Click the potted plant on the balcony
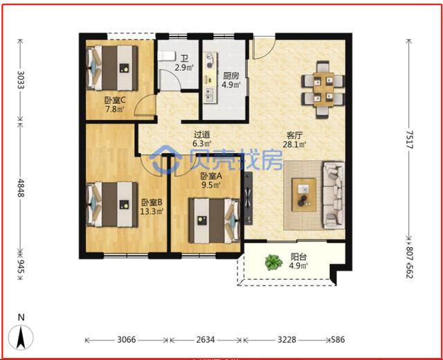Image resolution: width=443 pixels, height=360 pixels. pos(273,262)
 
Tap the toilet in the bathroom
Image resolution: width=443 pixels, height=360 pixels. pos(166,55)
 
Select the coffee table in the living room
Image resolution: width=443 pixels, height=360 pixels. pos(304,195)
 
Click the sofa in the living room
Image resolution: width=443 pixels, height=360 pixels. pos(334,195)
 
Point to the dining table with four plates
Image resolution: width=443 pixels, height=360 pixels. pos(323,89)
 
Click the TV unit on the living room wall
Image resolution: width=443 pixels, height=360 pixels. pos(248,198)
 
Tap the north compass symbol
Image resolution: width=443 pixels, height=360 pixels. pos(21,337)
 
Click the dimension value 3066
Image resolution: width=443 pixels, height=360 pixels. pos(127,339)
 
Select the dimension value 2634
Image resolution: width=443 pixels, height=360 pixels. pos(206,339)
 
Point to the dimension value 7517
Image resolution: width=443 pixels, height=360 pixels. pos(410,140)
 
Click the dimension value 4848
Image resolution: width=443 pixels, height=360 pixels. pos(21,188)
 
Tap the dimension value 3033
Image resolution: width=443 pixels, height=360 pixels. pos(21,80)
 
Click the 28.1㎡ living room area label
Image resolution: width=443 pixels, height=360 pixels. pos(294,145)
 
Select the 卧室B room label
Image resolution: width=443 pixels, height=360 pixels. pos(152,202)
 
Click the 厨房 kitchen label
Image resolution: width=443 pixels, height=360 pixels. pos(231,75)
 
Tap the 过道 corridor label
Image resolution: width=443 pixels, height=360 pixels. pos(201,134)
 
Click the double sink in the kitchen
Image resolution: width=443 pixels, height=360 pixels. pos(210,95)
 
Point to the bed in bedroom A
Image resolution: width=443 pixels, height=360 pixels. pos(214,221)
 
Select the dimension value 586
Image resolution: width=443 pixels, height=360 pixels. pos(338,339)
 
